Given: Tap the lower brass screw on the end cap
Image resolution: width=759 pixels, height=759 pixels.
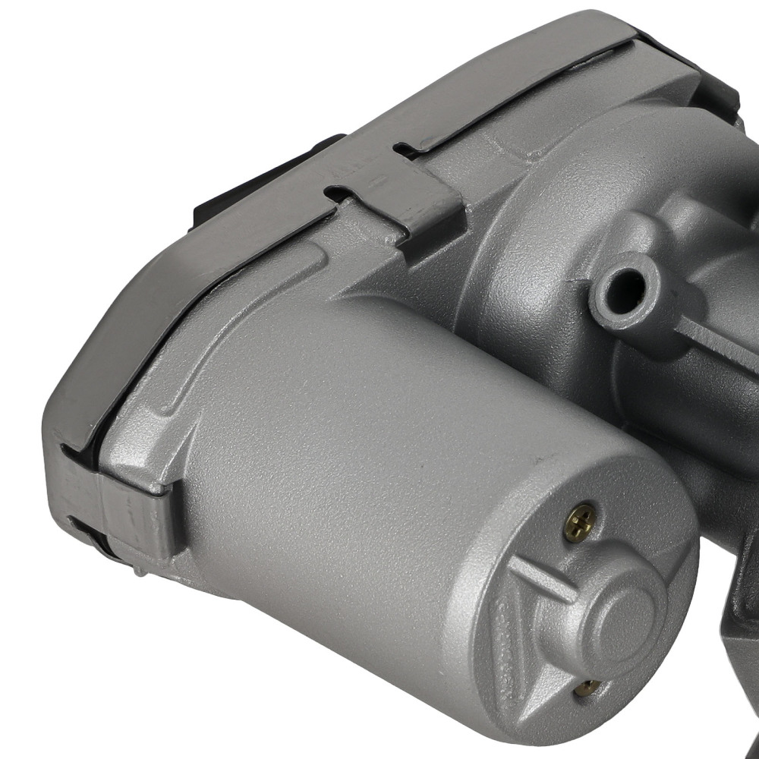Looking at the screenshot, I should (x=586, y=688).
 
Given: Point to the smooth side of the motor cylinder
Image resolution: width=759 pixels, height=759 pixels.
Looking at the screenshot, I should (x=342, y=455).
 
